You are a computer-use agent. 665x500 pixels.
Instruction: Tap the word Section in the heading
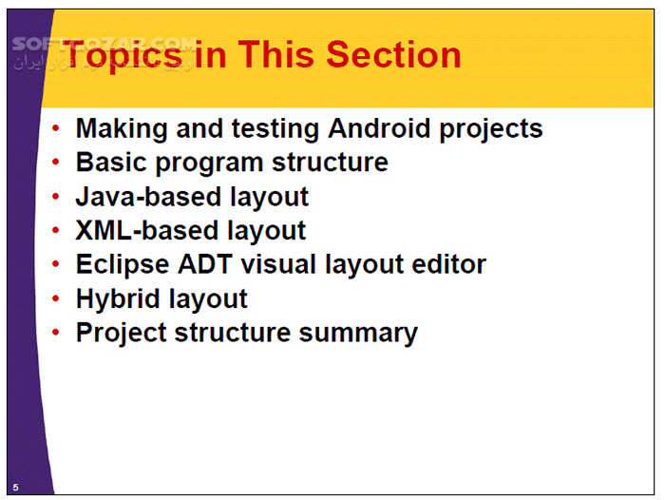[393, 55]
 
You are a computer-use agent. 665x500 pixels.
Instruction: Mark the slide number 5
[15, 487]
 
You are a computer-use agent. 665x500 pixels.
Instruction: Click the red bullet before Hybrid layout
[59, 299]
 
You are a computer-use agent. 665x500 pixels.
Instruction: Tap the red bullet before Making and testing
[59, 129]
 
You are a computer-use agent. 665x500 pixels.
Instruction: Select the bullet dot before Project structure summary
[59, 334]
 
